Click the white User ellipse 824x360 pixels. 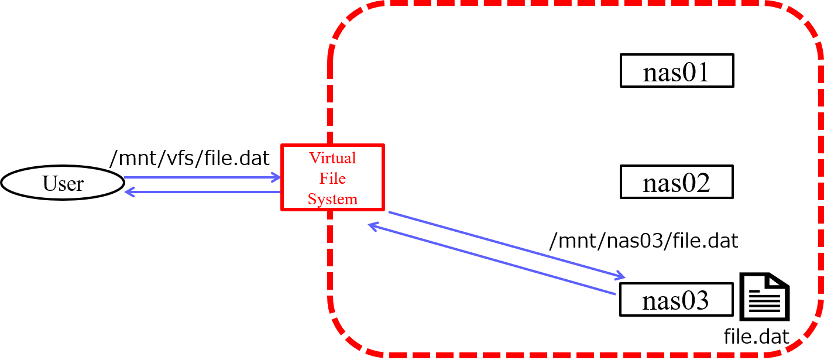coord(63,183)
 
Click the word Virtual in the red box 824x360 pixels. coord(332,158)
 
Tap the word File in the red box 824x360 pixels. coord(332,179)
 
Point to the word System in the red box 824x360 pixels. coord(332,199)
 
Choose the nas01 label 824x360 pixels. coord(677,71)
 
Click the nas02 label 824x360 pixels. coord(677,182)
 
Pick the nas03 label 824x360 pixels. coord(677,300)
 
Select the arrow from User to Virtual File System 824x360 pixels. coord(199,177)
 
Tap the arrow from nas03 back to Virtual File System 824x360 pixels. coord(492,259)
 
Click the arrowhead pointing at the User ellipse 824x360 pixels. coord(129,192)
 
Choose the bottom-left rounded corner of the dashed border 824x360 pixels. coord(345,337)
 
